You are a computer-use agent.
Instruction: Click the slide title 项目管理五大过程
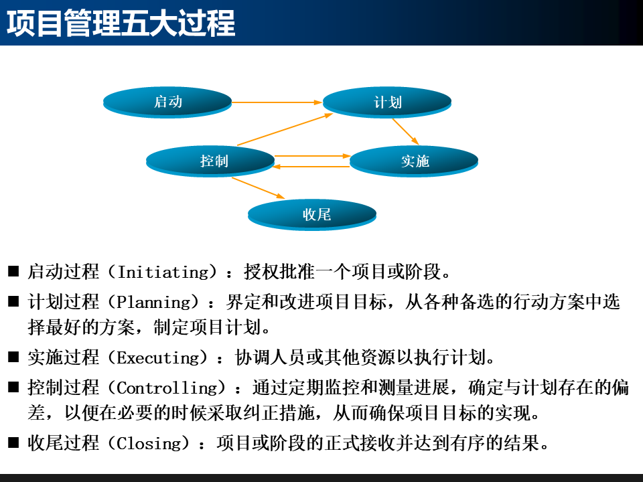click(121, 23)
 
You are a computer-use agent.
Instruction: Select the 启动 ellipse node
click(167, 102)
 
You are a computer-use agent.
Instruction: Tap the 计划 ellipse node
click(388, 102)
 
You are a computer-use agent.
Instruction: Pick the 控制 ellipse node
click(210, 161)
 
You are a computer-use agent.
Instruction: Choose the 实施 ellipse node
click(415, 161)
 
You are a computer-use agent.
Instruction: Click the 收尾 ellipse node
click(313, 215)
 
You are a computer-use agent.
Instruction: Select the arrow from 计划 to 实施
click(405, 131)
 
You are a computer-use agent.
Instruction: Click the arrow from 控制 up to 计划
click(285, 129)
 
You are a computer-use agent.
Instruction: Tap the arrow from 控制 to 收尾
click(259, 187)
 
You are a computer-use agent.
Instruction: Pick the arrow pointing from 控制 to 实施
click(312, 156)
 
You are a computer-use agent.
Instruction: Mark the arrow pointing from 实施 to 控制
click(312, 167)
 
